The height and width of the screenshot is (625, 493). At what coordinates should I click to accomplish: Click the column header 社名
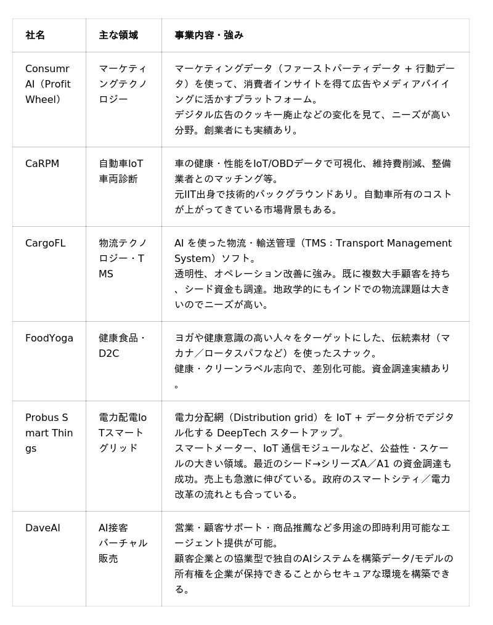click(x=35, y=36)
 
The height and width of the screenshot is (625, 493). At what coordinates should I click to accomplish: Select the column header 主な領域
click(x=118, y=36)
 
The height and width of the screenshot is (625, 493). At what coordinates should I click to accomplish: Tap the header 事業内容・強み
click(x=209, y=36)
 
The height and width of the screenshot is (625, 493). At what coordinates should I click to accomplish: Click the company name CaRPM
click(x=42, y=164)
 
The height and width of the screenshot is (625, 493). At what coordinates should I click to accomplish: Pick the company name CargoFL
click(x=45, y=243)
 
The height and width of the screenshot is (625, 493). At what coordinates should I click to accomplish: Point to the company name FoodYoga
click(x=49, y=338)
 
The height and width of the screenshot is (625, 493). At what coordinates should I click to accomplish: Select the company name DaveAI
click(x=43, y=528)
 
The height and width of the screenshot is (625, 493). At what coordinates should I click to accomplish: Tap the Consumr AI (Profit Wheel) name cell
click(x=48, y=84)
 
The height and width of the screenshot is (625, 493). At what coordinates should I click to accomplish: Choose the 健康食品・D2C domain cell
click(x=122, y=346)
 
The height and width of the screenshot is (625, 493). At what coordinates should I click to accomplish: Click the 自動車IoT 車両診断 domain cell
click(x=121, y=171)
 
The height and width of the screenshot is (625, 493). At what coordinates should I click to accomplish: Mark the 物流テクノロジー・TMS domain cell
click(x=123, y=258)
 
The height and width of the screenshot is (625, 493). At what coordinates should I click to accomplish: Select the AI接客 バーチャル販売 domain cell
click(x=123, y=543)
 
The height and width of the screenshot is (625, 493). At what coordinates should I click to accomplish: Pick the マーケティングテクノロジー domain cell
click(x=123, y=84)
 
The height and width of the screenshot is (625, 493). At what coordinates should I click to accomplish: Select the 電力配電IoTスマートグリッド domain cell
click(x=123, y=433)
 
